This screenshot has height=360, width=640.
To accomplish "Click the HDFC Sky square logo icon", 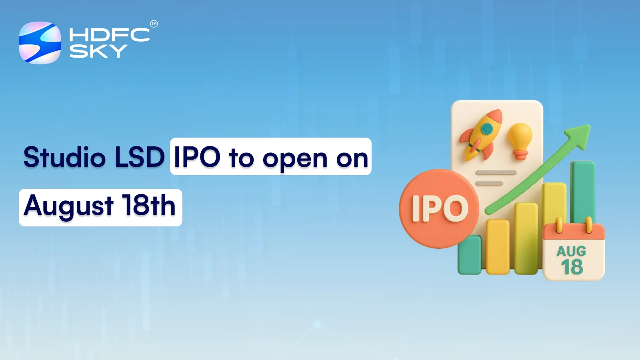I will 40,43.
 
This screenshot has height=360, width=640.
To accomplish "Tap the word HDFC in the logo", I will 109,35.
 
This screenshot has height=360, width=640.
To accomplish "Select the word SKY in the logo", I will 98,51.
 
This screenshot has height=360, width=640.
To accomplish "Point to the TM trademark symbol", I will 154,24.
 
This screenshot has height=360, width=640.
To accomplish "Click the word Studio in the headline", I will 64,157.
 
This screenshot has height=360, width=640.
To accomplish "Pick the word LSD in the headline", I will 140,157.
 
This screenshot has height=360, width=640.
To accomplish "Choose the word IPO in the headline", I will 197,157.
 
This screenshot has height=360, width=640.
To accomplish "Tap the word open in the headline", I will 295,159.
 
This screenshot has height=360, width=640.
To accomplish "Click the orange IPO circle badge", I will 439,208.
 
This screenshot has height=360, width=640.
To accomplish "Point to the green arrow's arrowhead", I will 580,134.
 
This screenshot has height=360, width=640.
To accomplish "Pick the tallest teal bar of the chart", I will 582,192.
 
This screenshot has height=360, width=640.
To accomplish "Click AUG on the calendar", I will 571,251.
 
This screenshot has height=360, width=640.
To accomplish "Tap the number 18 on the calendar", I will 572,267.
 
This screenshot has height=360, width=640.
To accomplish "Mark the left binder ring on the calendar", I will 559,225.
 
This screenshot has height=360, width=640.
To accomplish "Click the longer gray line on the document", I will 496,173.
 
